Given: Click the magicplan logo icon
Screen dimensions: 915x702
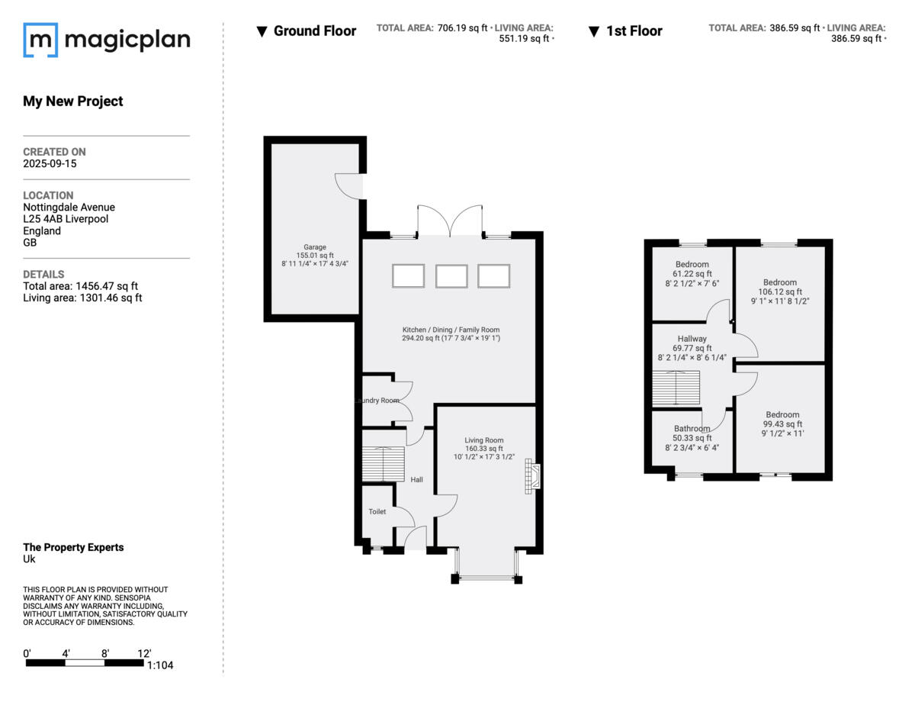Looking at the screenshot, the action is (x=40, y=40).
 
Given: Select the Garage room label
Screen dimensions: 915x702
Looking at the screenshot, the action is (x=315, y=247).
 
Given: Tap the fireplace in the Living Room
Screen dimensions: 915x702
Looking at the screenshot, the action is (x=532, y=476).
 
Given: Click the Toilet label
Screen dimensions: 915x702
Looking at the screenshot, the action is (x=377, y=511).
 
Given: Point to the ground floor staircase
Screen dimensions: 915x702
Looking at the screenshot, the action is (x=384, y=464).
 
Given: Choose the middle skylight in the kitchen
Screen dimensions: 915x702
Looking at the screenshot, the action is (x=451, y=276).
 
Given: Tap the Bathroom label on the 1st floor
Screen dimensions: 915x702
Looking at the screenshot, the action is (x=692, y=429).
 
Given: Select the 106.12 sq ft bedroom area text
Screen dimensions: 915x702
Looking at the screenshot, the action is (x=780, y=291).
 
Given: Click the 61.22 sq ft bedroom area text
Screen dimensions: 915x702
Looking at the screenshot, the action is (x=692, y=273).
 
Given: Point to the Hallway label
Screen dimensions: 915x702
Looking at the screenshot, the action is (x=692, y=338).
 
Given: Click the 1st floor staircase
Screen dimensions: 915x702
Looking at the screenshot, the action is (x=676, y=388).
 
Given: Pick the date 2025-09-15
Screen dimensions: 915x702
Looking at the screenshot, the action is (x=50, y=163).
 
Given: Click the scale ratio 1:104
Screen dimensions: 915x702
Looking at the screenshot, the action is (x=160, y=665).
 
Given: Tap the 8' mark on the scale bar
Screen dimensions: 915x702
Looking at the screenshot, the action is (x=105, y=653).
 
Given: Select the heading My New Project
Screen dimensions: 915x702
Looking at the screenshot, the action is (x=73, y=101).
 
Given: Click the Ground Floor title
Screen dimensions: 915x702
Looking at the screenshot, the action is (x=315, y=31).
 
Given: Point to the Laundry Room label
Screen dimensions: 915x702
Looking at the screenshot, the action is (x=377, y=401).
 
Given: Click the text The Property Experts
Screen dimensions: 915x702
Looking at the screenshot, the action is (x=73, y=547).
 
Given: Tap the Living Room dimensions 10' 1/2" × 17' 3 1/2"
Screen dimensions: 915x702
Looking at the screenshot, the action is (x=484, y=457).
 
